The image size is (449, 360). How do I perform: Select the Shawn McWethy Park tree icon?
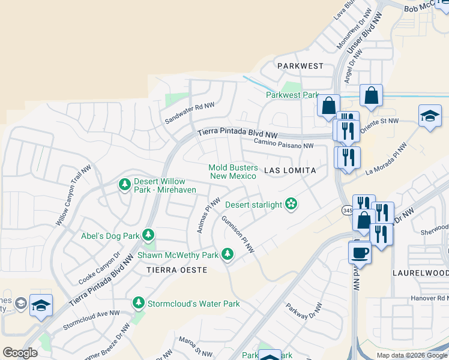228,255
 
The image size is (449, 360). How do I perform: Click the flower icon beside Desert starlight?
292,205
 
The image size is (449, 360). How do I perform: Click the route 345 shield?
348,210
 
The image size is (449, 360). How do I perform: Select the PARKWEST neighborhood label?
300,66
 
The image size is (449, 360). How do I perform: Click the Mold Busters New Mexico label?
233,172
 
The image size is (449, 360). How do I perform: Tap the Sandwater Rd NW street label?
190,110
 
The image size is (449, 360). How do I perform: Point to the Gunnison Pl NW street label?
238,234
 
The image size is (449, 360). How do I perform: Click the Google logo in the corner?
20,353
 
